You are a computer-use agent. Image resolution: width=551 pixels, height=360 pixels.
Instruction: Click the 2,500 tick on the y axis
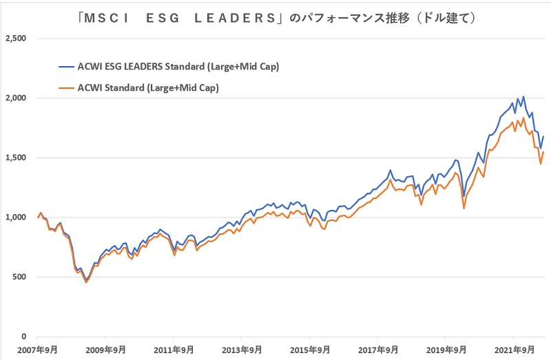(x=14, y=39)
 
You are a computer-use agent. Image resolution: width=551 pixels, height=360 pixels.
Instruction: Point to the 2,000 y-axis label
(x=14, y=98)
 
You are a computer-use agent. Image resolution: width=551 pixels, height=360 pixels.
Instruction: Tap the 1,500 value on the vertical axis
(x=14, y=158)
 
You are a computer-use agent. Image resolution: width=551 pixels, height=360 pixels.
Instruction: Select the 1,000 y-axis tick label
(x=14, y=218)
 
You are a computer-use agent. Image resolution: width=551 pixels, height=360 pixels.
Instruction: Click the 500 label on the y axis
(x=19, y=277)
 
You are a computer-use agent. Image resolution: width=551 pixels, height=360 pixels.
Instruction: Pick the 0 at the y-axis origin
(x=23, y=337)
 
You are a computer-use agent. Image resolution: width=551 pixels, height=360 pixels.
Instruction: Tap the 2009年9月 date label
(x=105, y=350)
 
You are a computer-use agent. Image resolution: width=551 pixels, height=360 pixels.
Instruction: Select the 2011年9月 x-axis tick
(x=174, y=350)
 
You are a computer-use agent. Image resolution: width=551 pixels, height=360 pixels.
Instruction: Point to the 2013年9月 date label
(x=242, y=350)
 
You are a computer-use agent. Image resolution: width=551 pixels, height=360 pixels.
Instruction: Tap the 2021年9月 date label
(x=514, y=350)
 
